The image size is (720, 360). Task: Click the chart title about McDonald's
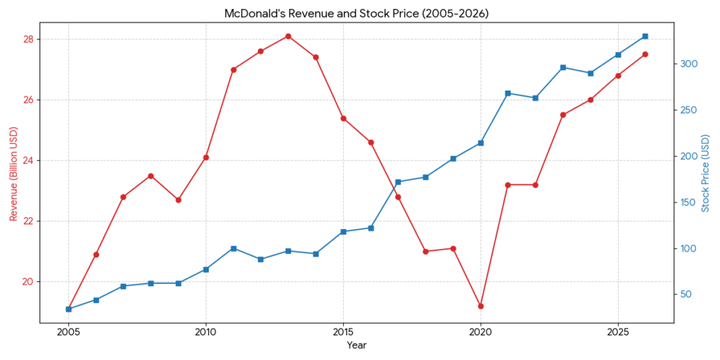pyautogui.click(x=356, y=13)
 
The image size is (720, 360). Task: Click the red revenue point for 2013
pyautogui.click(x=288, y=36)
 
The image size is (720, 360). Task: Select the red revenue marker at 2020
pyautogui.click(x=481, y=306)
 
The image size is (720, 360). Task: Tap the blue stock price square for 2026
pyautogui.click(x=645, y=36)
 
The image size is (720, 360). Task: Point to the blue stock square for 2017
pyautogui.click(x=398, y=182)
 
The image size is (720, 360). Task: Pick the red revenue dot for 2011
pyautogui.click(x=233, y=70)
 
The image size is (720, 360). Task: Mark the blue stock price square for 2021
pyautogui.click(x=508, y=93)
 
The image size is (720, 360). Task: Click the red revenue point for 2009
pyautogui.click(x=179, y=200)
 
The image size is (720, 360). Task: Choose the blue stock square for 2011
pyautogui.click(x=233, y=248)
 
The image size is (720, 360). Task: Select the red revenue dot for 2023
pyautogui.click(x=563, y=115)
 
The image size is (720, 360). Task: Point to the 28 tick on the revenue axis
pyautogui.click(x=28, y=39)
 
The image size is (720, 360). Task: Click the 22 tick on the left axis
pyautogui.click(x=28, y=221)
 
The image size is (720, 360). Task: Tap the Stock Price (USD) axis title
pyautogui.click(x=706, y=173)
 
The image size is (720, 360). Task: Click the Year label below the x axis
pyautogui.click(x=356, y=346)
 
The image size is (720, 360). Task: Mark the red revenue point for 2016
pyautogui.click(x=371, y=142)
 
